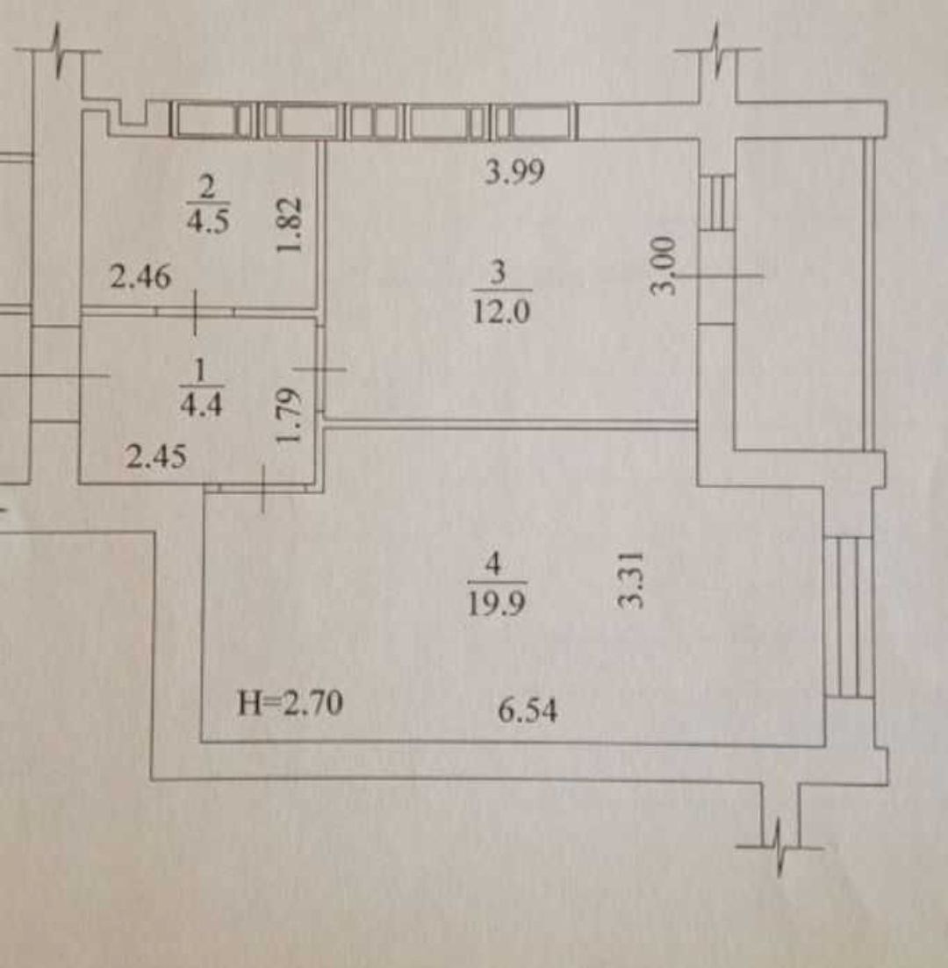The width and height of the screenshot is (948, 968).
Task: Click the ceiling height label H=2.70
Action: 290,703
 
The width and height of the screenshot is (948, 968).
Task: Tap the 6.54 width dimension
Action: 528,710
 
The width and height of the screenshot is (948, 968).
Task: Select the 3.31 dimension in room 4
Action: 632,579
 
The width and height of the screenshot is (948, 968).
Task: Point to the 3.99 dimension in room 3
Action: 514,171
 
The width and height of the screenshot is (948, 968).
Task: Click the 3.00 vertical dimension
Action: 664,265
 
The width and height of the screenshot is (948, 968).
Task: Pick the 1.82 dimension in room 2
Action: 289,225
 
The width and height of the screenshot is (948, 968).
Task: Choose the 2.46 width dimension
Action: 140,276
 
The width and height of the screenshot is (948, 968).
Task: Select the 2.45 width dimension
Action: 155,457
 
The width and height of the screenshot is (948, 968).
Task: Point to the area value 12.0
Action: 500,311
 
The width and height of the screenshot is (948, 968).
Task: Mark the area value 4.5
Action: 208,219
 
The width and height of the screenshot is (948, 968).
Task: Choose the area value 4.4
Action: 201,405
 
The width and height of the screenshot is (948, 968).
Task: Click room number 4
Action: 492,563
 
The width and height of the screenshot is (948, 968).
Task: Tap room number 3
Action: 498,272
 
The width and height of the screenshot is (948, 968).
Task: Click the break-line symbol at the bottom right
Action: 780,847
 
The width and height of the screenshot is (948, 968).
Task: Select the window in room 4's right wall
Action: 849,617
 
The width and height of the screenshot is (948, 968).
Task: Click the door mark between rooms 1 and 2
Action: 196,312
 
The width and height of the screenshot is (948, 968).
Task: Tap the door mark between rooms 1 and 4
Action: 263,488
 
